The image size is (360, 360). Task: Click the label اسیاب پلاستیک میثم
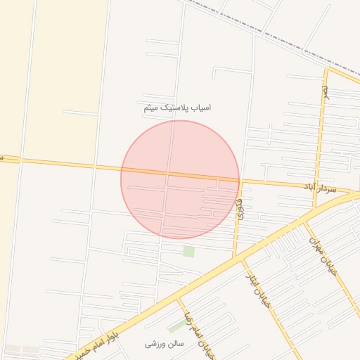tap(176, 108)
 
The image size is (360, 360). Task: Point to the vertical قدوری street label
tap(241, 209)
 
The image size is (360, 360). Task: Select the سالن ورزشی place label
tap(164, 345)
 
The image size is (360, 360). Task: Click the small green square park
tap(188, 251)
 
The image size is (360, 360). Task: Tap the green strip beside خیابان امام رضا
tap(176, 326)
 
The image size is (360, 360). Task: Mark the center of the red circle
tap(180, 179)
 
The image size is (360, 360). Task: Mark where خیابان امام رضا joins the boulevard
tap(178, 298)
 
